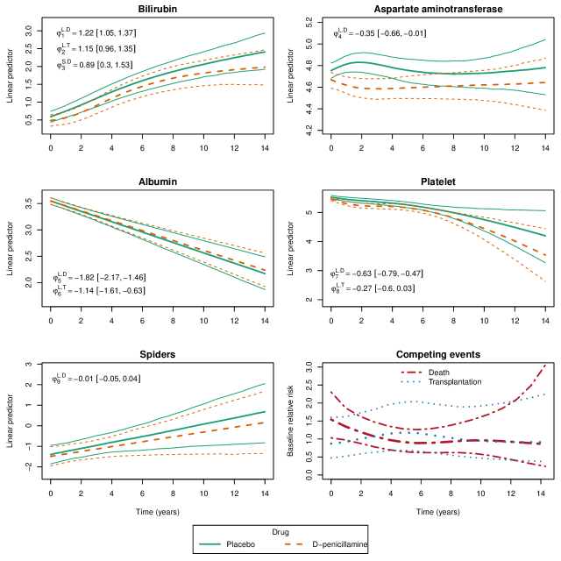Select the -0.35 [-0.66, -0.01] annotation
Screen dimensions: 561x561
(x=395, y=33)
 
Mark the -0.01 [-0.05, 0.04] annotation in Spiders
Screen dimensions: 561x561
(x=110, y=378)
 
